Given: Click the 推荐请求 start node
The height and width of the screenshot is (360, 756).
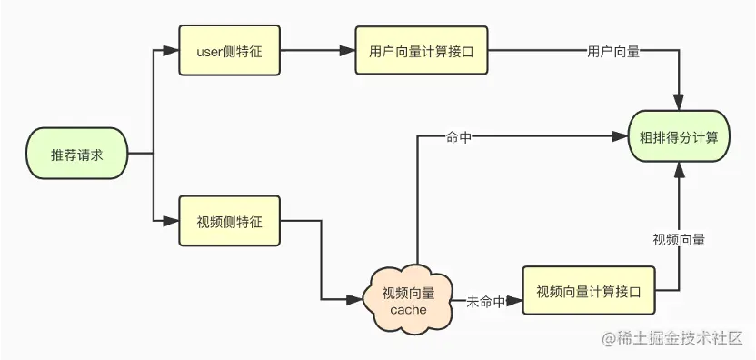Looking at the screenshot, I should [77, 155].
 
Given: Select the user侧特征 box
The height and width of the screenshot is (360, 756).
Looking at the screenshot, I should [229, 52].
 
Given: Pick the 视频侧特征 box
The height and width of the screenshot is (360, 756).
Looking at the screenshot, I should [229, 221].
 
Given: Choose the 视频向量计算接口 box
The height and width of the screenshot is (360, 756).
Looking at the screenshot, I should [589, 291].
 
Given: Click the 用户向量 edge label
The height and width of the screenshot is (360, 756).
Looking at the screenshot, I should [613, 52].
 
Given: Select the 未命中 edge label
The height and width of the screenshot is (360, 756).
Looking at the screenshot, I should [485, 301].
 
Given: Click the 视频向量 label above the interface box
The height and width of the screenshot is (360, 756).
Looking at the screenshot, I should [679, 240].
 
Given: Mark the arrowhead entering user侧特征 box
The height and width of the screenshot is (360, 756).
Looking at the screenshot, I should [172, 52].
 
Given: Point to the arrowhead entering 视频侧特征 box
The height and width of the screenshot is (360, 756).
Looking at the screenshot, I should [172, 221].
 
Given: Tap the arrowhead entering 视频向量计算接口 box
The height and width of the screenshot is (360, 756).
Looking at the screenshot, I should [515, 301].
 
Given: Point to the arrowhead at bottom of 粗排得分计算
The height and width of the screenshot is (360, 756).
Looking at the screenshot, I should [679, 170].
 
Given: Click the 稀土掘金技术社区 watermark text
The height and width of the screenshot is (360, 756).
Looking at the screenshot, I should [678, 338].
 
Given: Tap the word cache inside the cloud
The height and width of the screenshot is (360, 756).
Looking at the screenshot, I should [408, 309].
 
